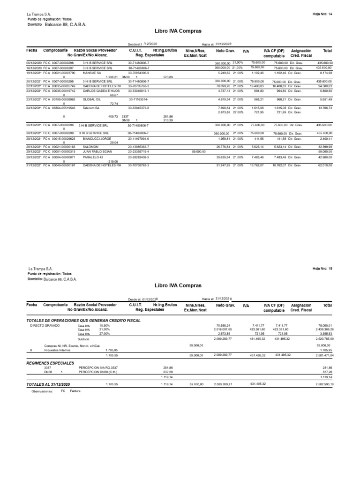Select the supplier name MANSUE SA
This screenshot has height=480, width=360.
tap(89, 73)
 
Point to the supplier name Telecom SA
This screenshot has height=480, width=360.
tap(90, 107)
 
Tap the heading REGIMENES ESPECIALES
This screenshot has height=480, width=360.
tap(50, 363)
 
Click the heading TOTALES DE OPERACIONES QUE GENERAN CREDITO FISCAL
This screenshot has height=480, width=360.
tap(83, 320)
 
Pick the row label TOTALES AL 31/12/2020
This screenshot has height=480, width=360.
tap(48, 384)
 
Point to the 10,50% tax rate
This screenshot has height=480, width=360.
tap(104, 325)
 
